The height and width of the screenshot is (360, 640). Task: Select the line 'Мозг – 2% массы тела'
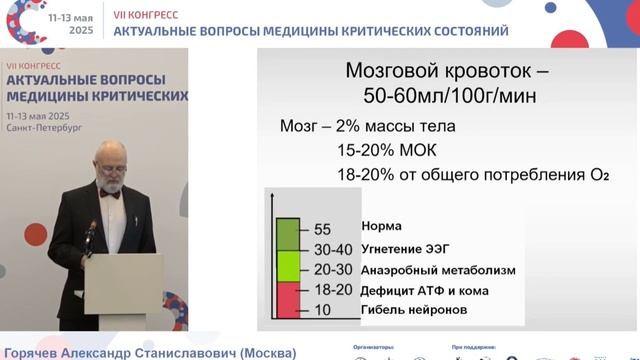coord(367,127)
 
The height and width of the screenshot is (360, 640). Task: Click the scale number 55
coord(321,229)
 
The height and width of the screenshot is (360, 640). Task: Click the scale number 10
coord(321,310)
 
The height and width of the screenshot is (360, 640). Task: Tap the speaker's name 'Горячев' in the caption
coord(38,353)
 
